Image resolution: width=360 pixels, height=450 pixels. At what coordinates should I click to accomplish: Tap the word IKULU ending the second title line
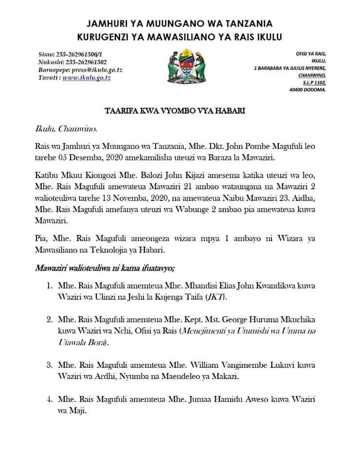coord(268,37)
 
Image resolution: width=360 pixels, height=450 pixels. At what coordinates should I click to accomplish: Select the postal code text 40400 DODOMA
coord(307,90)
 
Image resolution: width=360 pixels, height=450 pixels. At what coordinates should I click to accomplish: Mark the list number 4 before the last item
coord(49,399)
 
